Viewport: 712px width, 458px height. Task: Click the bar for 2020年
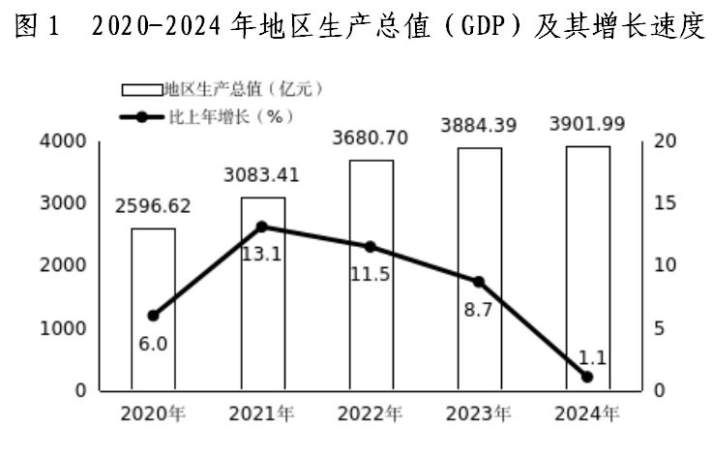153,309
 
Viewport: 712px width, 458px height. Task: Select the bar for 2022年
371,275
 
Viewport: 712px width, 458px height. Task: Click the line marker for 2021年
262,227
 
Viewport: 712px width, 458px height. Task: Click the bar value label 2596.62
153,206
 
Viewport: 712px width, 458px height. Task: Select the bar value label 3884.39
479,125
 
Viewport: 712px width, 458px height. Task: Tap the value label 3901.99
587,124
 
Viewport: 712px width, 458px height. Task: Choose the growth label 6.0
152,343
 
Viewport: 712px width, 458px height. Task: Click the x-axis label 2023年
479,414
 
